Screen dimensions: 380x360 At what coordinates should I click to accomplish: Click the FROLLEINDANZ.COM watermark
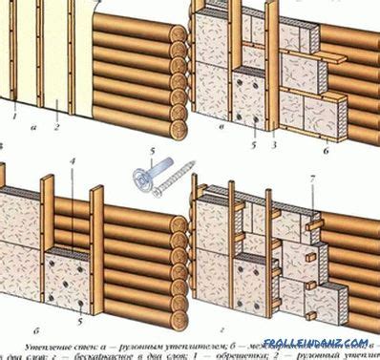click(330, 342)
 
